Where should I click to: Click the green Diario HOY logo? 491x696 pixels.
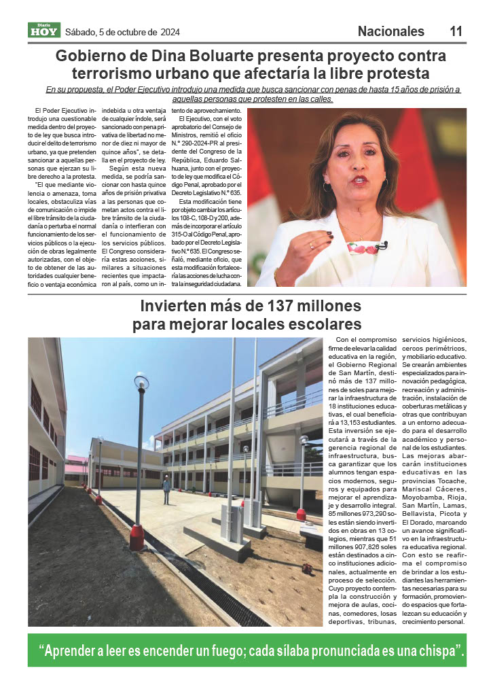[x=44, y=30]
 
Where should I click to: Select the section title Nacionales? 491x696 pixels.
[x=390, y=31]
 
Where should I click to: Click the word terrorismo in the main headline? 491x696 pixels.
[x=114, y=73]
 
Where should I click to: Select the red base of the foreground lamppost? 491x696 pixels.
[x=137, y=536]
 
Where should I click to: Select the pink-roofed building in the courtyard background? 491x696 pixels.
[x=76, y=464]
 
